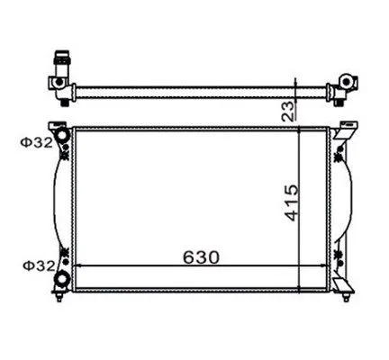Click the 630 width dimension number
pyautogui.click(x=201, y=257)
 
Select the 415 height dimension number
pyautogui.click(x=291, y=202)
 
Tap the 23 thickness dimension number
pyautogui.click(x=288, y=111)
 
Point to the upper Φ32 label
pyautogui.click(x=36, y=143)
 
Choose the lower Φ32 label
pyautogui.click(x=39, y=265)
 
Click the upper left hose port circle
pyautogui.click(x=62, y=135)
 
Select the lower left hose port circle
pyautogui.click(x=62, y=279)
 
